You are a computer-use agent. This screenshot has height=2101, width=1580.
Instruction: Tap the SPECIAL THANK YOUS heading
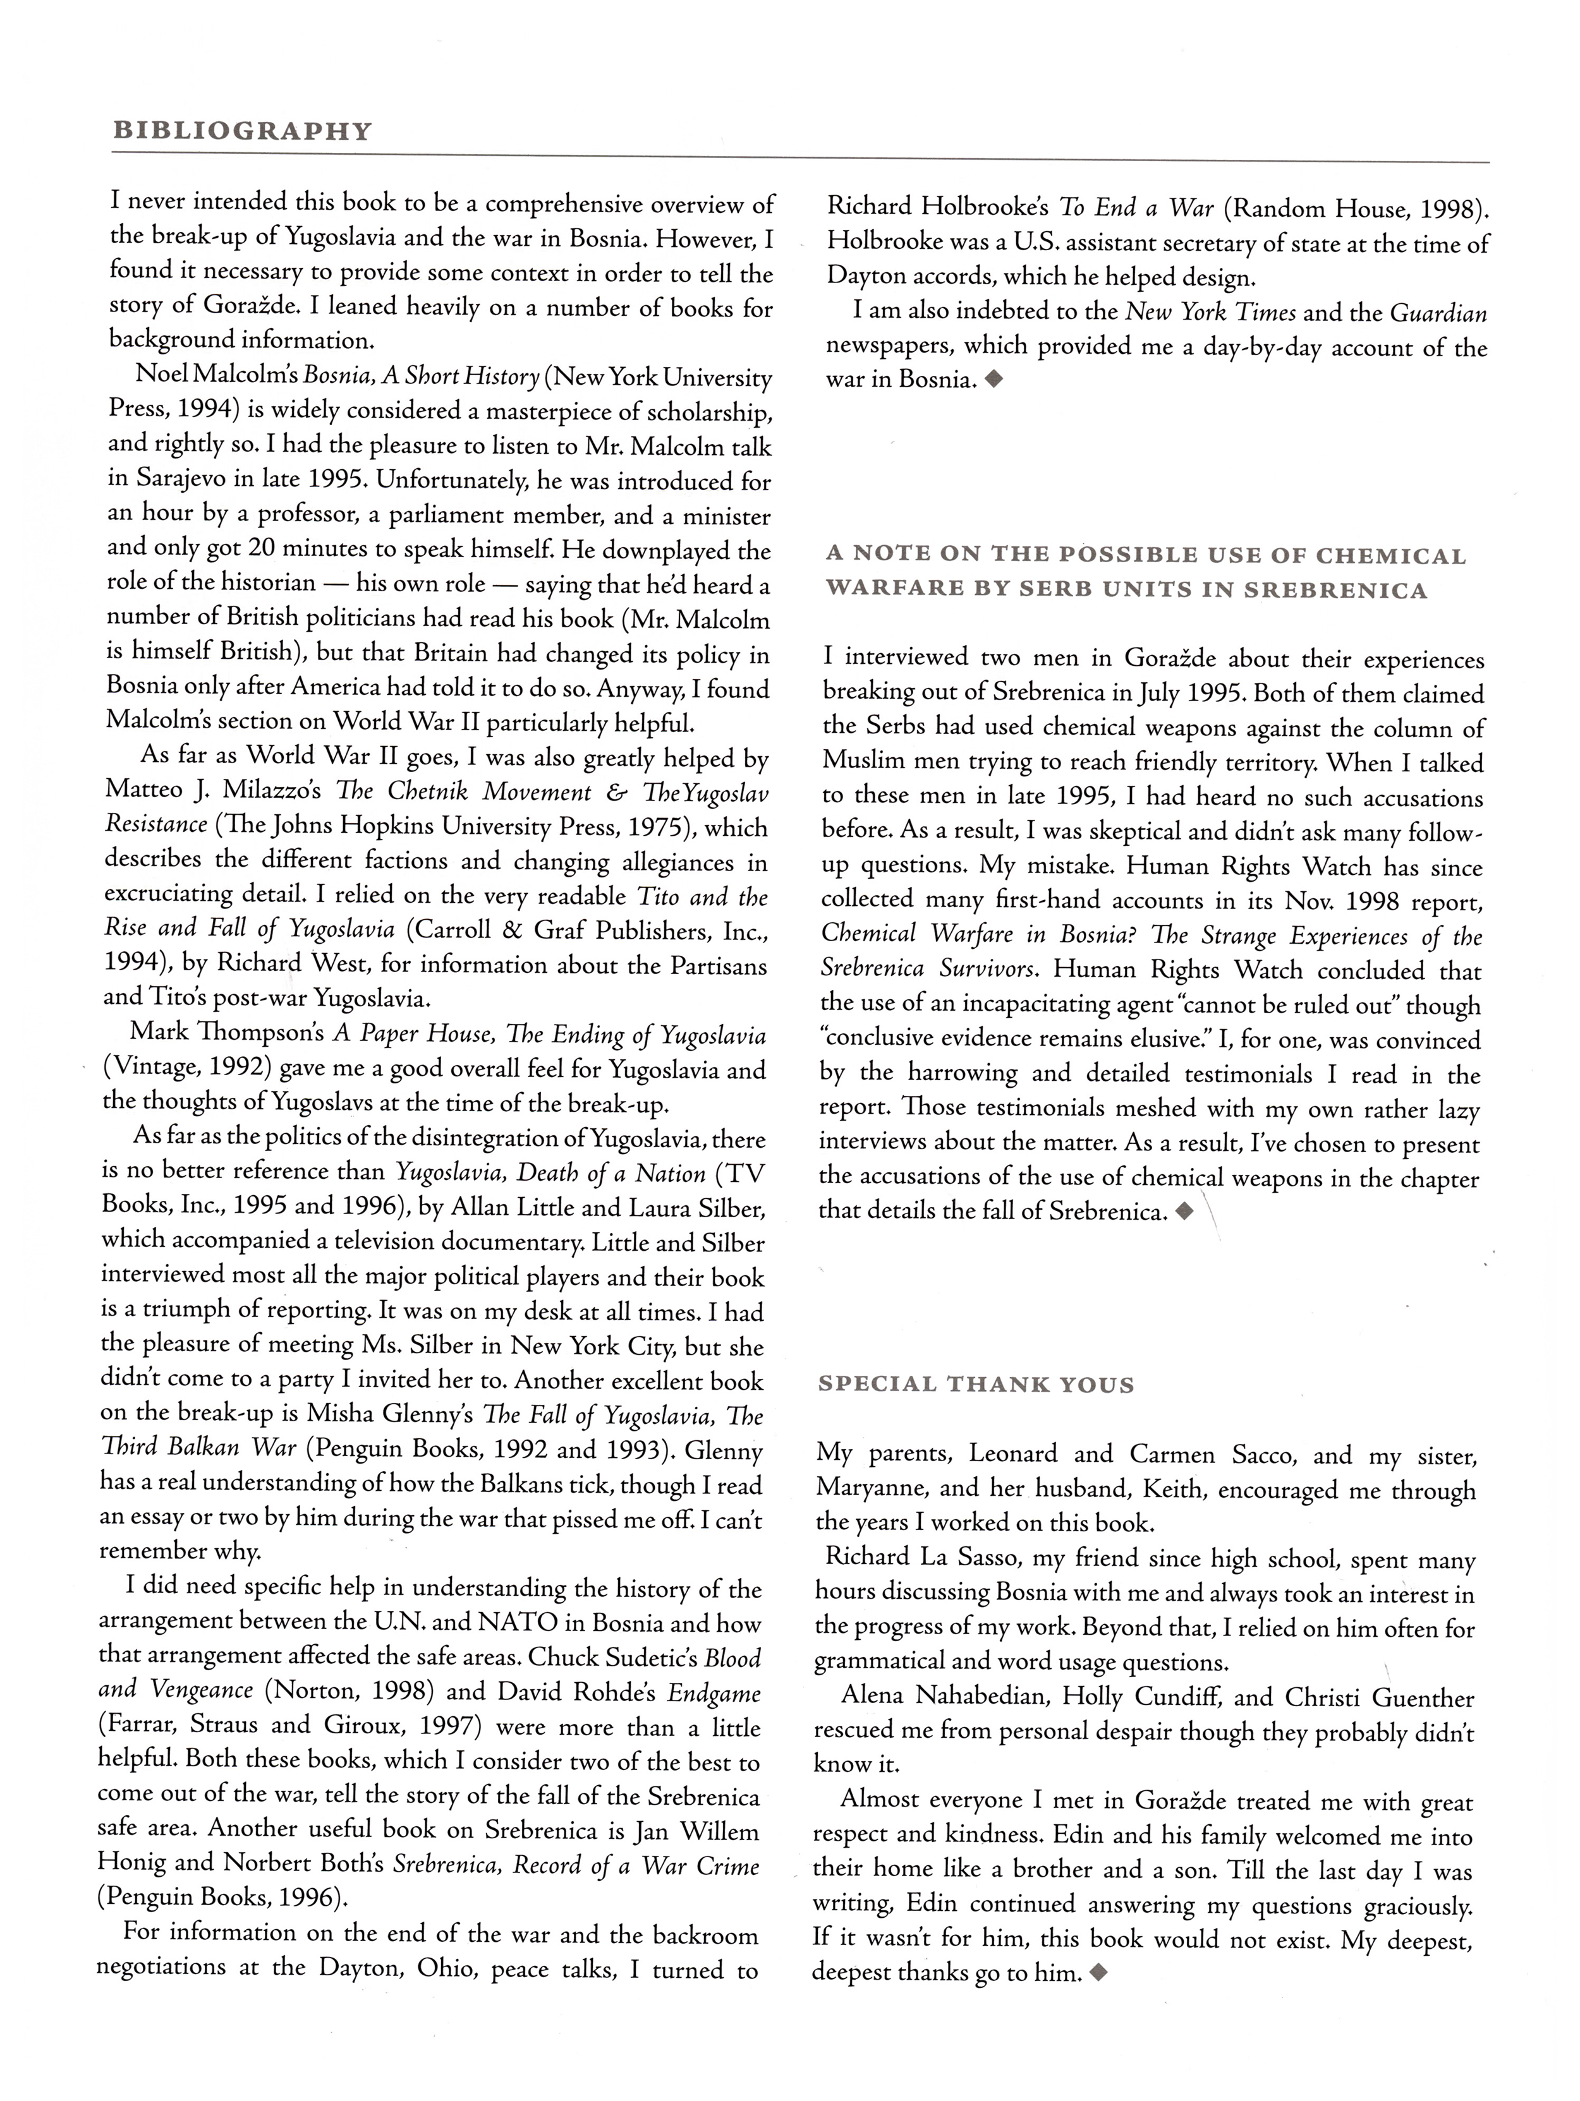976,1384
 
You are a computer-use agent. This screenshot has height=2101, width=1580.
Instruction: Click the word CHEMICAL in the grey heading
1392,556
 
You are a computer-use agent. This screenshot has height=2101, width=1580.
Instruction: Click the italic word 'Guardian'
1438,313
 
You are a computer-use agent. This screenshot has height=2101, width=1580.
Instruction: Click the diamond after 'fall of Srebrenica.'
1184,1212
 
